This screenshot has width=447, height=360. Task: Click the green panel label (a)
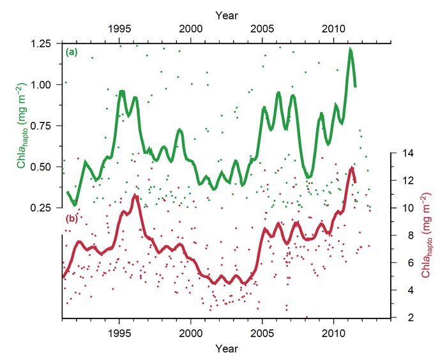[71, 52]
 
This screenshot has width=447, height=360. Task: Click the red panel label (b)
[71, 220]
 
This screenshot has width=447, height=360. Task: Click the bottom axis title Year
[226, 349]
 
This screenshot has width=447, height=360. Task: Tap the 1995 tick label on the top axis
[120, 29]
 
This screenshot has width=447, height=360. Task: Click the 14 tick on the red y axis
[402, 153]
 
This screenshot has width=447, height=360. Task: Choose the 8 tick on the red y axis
[400, 236]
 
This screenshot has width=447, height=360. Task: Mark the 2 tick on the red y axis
[400, 317]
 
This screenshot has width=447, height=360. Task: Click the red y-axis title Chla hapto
[424, 236]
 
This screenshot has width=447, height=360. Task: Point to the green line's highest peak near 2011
[351, 50]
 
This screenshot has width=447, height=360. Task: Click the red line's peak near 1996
[135, 196]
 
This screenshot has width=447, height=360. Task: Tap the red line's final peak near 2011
[352, 168]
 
